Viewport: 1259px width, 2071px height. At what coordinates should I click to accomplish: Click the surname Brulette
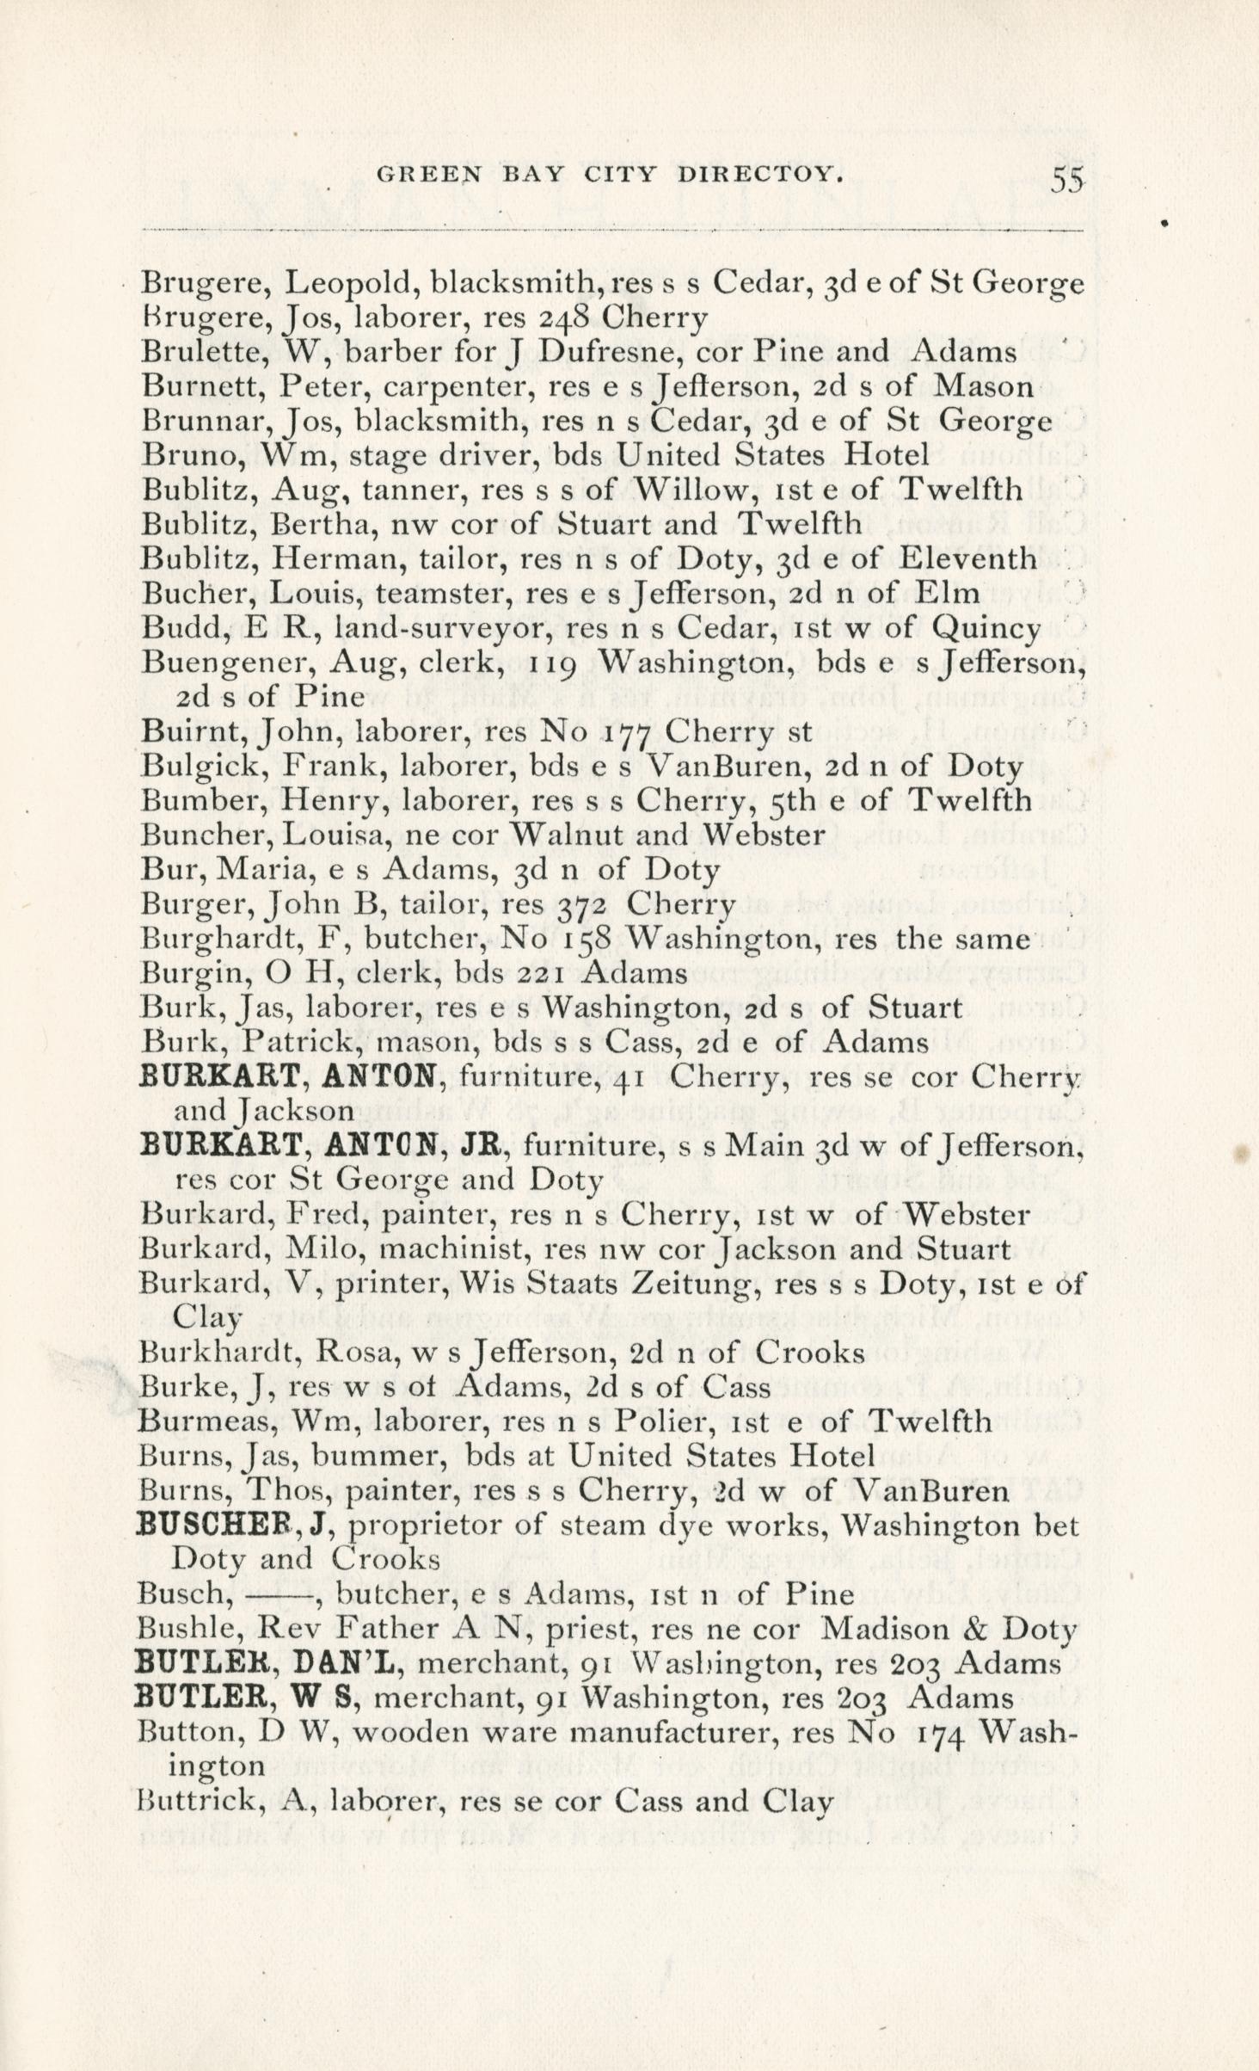200,352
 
